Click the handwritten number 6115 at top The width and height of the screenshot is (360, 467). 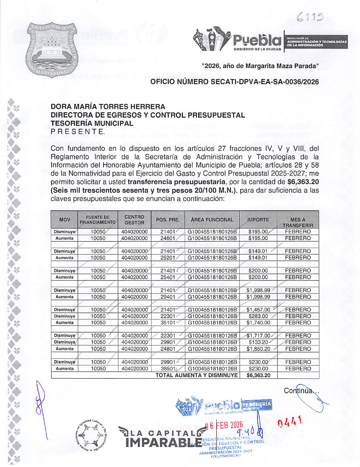(310, 18)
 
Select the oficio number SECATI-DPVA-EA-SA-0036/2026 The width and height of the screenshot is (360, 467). (234, 82)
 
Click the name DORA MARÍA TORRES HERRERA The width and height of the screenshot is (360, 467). (108, 107)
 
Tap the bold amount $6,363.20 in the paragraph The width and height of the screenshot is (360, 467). (303, 182)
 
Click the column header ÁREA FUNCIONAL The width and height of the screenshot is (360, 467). (212, 220)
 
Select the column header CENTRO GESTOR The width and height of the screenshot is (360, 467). (134, 220)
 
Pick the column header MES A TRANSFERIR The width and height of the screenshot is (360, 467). (298, 222)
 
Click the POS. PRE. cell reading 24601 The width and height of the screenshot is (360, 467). (168, 238)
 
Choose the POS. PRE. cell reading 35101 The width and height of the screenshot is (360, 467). (168, 323)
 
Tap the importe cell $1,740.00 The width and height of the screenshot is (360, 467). (258, 323)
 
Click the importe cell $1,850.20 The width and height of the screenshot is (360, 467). (258, 349)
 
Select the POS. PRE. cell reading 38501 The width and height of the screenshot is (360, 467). (168, 369)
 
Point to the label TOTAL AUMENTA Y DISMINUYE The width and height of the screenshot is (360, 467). (197, 375)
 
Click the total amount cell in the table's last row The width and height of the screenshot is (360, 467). (258, 376)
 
